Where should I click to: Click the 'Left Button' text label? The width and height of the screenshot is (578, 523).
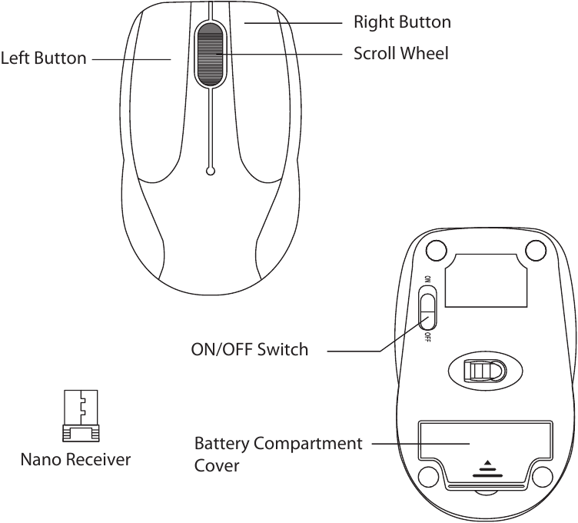(43, 58)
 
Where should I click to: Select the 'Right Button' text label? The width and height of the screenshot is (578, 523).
(402, 22)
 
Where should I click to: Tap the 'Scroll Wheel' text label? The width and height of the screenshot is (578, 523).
(400, 54)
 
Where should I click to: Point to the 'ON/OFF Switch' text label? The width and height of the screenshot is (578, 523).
(249, 350)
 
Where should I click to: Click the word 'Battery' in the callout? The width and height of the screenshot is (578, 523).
(222, 444)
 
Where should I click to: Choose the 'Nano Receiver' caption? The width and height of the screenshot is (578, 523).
(75, 460)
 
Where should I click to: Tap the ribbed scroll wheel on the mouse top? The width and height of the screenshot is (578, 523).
(210, 54)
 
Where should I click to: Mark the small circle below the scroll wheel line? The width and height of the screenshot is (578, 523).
(211, 171)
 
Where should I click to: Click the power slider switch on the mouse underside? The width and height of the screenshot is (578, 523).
(428, 308)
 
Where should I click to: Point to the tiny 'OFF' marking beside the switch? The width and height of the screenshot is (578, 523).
(426, 336)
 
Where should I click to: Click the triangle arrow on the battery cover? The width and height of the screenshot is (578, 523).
(485, 465)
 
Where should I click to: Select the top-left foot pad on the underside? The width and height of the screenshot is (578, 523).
(435, 251)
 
